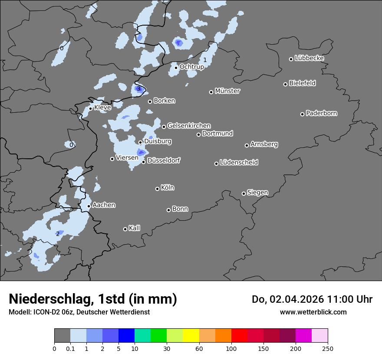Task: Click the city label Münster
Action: pos(227,91)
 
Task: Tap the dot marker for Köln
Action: pos(157,189)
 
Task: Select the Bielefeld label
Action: pos(302,83)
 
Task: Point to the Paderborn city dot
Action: pos(302,114)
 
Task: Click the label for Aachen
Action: pos(104,205)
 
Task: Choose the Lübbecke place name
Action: pos(309,58)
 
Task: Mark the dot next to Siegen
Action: pos(244,193)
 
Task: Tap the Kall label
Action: pos(134,228)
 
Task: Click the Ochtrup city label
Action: pos(191,67)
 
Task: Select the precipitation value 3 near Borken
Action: pos(138,89)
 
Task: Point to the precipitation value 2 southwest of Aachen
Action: pos(58,234)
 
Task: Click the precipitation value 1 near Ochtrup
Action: pos(205,60)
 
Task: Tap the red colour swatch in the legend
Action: pos(239,336)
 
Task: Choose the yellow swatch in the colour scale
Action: pos(191,336)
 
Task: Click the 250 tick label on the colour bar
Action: pos(328,348)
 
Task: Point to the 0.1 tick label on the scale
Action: pos(70,348)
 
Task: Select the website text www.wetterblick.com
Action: pos(313,312)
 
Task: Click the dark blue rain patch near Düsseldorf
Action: pos(141,152)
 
